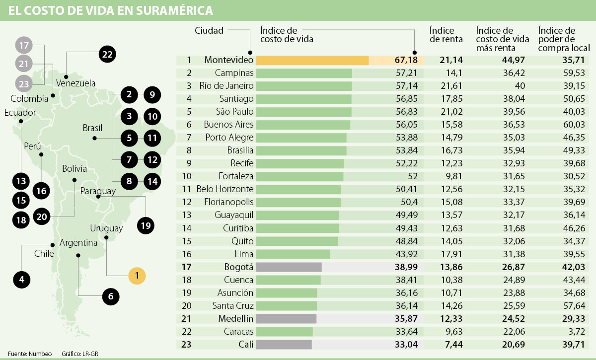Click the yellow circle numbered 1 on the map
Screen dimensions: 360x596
[x=137, y=275]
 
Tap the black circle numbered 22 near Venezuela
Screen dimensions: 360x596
[x=107, y=54]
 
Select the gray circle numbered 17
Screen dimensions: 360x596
[x=23, y=45]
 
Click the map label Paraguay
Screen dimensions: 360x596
[x=98, y=191]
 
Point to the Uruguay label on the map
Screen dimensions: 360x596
[x=106, y=228]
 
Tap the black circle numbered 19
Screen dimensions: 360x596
[x=145, y=225]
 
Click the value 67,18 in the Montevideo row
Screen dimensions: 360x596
[x=406, y=60]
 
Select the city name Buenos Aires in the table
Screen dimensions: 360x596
[x=228, y=125]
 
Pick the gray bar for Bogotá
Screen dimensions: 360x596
[x=289, y=267]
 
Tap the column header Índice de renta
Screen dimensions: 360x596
[x=446, y=35]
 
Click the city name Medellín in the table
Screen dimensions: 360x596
[x=235, y=319]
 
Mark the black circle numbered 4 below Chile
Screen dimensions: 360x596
[x=21, y=279]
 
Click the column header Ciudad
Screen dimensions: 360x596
[x=209, y=30]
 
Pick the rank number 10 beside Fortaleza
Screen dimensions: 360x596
[x=189, y=176]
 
